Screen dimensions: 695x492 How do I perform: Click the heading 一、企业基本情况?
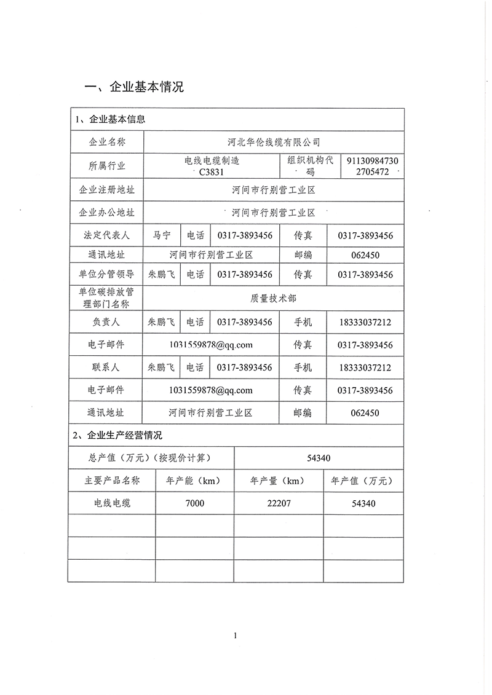click(x=134, y=87)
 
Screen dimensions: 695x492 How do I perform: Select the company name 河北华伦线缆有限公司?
click(x=274, y=143)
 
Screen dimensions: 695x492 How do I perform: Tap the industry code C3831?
click(x=212, y=172)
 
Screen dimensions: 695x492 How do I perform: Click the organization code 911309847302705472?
click(x=373, y=167)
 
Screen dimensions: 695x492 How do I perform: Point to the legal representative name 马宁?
click(x=162, y=235)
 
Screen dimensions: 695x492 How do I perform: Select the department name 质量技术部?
click(x=274, y=298)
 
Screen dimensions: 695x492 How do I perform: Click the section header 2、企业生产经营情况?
click(x=117, y=436)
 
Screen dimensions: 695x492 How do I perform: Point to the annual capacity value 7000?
click(x=194, y=503)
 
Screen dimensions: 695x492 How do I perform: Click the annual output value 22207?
click(x=279, y=503)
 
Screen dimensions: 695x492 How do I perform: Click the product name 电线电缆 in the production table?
click(x=112, y=503)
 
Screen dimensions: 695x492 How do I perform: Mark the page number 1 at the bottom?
click(x=236, y=635)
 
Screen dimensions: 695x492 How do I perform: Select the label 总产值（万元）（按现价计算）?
click(x=151, y=458)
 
